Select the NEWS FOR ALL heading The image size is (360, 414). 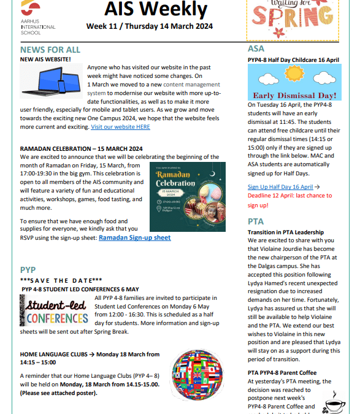click(50, 49)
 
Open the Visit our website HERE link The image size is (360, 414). click(120, 127)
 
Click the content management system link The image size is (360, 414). click(166, 83)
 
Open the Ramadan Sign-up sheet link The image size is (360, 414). click(134, 237)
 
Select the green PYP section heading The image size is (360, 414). click(28, 270)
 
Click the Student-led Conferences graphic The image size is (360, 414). click(54, 311)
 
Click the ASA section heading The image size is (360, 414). click(256, 48)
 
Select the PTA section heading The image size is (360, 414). click(256, 221)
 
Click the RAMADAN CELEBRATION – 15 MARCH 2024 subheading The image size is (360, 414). click(81, 148)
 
